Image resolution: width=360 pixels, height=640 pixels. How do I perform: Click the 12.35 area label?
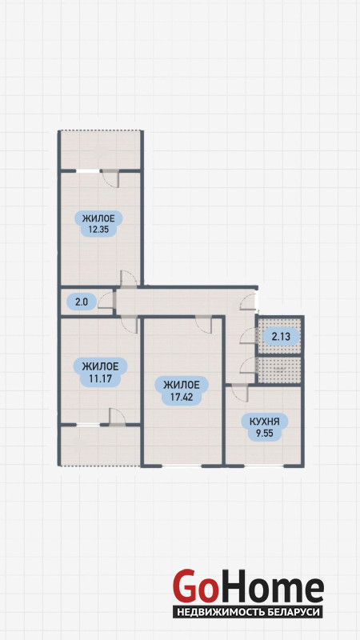98,223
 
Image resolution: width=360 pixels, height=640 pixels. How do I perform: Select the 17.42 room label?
182,391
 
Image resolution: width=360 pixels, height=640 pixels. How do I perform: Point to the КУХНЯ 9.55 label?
265,426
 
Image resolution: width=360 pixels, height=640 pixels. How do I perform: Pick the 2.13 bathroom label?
281,337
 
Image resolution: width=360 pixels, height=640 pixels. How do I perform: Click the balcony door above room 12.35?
110,178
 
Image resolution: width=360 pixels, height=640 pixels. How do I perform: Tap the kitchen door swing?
239,393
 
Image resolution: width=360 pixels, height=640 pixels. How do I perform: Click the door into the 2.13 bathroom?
248,336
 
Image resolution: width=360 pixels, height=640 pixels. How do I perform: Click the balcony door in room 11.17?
117,417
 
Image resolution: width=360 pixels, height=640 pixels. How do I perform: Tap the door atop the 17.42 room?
203,325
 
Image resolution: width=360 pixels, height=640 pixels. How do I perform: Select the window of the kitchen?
264,466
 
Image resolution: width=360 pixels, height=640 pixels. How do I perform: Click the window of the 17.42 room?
182,466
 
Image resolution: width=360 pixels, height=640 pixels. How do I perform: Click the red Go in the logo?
194,587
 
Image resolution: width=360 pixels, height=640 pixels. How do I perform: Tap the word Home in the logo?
270,587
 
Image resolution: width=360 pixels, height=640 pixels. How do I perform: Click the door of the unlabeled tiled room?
249,366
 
